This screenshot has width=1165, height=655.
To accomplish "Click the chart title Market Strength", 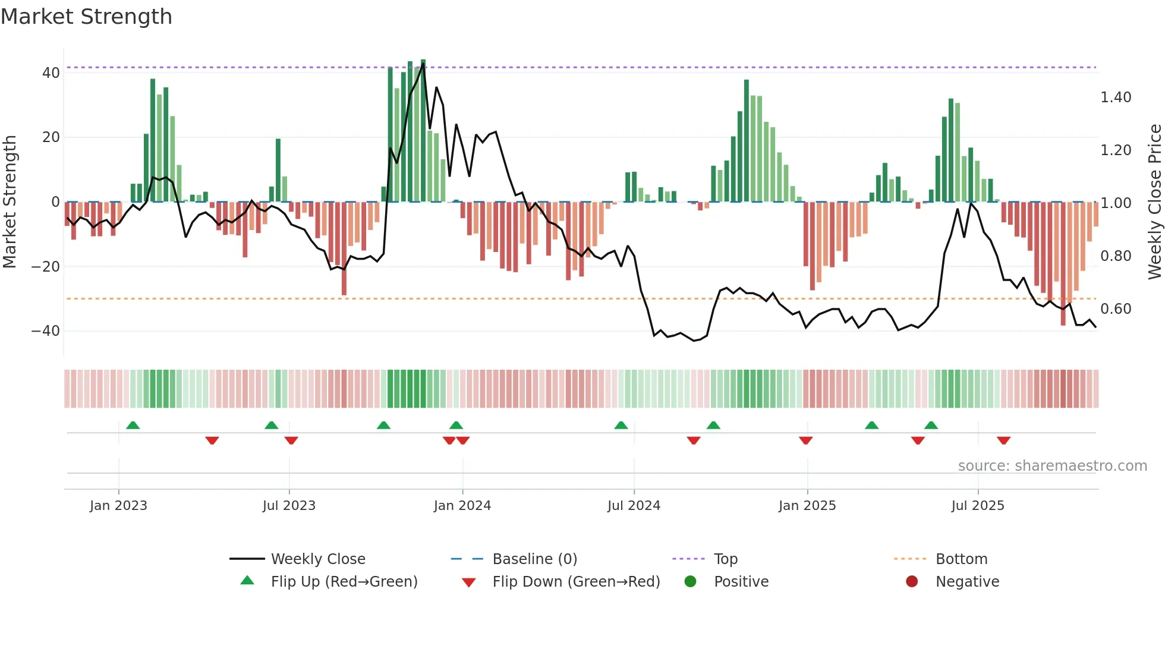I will pos(86,17).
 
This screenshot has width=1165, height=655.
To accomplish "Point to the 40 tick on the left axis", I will pos(51,73).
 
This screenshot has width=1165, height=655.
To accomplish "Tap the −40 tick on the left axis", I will pos(46,331).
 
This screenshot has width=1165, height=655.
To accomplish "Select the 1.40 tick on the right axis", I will pos(1116,97).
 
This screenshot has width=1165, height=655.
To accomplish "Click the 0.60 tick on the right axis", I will pos(1116,309).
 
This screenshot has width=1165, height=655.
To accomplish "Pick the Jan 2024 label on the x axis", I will pos(462,506).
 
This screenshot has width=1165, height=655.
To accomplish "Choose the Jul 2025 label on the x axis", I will pos(977,506).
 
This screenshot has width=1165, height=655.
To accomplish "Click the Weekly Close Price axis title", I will pos(1154,202).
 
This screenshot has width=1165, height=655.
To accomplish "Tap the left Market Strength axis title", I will pos(10,202).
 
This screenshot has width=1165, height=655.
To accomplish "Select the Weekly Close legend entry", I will pos(318,559).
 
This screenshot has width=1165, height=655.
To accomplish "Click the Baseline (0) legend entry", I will pos(534,559).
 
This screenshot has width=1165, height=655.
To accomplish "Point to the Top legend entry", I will pos(725,559).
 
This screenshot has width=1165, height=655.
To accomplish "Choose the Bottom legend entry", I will pos(961,559).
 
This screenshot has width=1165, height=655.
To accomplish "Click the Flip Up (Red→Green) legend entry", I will pos(344,582).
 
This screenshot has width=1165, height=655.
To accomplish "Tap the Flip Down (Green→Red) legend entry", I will pos(576,582).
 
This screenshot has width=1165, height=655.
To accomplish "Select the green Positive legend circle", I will pos(690,582).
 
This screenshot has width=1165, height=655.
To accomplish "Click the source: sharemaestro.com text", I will pos(1052,466).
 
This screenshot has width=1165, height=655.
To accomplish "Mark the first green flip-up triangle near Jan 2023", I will pos(133,426).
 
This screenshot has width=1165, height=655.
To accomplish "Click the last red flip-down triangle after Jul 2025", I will pos(1003,440).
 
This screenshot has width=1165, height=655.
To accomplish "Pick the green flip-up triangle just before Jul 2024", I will pos(621,426).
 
